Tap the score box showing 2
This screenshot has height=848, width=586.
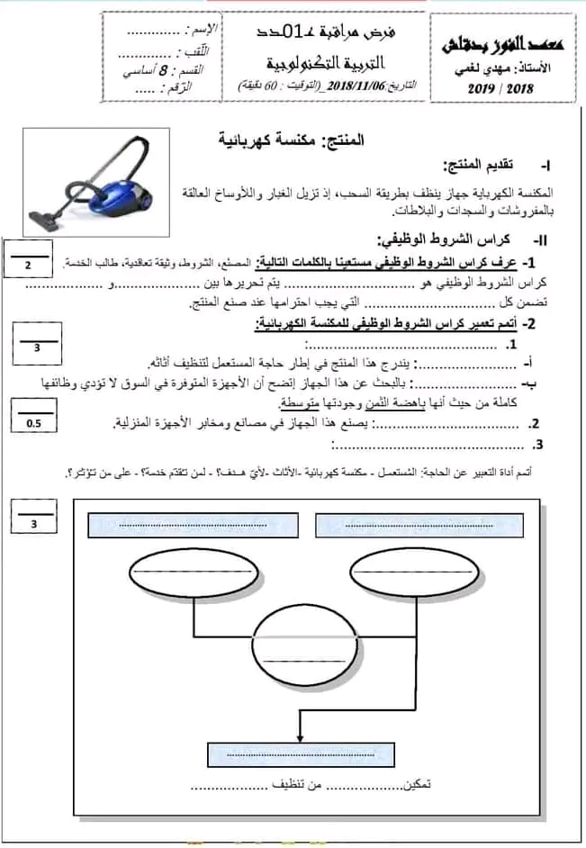28,266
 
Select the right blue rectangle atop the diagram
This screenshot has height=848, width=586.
419,524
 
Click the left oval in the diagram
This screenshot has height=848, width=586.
194,573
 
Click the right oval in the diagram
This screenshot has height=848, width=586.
412,573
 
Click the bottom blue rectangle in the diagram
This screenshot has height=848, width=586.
303,753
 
